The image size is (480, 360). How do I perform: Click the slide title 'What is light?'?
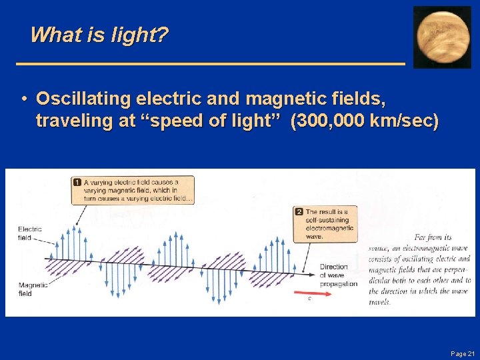(x=99, y=35)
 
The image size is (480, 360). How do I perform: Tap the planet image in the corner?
(x=442, y=37)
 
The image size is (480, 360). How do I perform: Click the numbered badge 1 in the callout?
(x=77, y=182)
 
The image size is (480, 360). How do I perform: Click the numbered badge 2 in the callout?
(x=299, y=212)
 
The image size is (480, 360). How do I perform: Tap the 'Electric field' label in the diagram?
(x=30, y=233)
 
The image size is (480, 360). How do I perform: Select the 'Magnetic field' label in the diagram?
(x=33, y=289)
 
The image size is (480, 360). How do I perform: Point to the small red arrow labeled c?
(x=309, y=292)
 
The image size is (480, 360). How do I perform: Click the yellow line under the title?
(x=210, y=63)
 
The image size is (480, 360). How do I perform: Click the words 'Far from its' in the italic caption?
(x=433, y=237)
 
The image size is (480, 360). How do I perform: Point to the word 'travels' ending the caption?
(x=379, y=302)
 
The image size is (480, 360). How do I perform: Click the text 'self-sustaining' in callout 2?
(x=327, y=220)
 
